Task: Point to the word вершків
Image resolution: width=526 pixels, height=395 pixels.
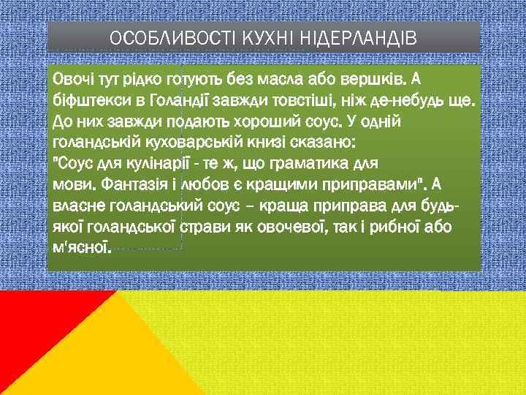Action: (x=381, y=78)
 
